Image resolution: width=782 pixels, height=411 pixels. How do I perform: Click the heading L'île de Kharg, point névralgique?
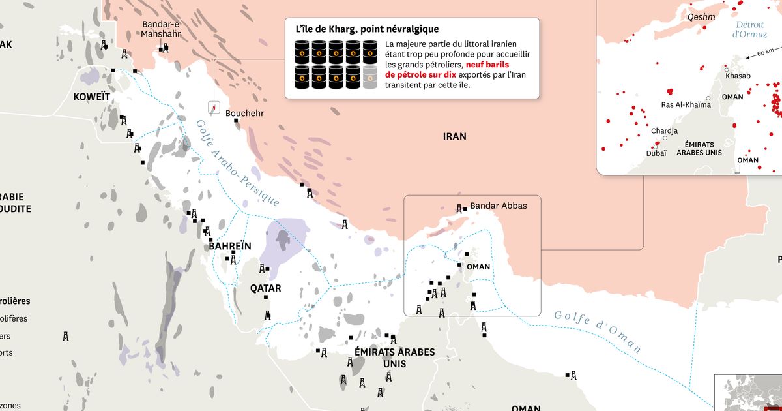click(367, 29)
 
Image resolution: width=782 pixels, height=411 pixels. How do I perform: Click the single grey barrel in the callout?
click(370, 77)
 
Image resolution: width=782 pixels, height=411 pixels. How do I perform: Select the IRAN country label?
click(454, 136)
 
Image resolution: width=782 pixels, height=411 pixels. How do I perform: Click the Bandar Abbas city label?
click(498, 205)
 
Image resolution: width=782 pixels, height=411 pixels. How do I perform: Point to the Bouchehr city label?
click(243, 114)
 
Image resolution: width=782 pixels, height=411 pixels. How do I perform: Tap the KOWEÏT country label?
click(92, 97)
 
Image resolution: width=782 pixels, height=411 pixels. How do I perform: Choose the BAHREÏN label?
click(229, 246)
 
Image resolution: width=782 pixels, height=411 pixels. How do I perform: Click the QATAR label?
click(266, 288)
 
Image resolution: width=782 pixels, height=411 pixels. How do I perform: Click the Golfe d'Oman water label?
click(598, 331)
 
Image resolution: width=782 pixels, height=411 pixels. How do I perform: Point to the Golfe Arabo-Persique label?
click(237, 163)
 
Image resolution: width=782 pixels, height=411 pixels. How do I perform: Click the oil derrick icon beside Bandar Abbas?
click(459, 209)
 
